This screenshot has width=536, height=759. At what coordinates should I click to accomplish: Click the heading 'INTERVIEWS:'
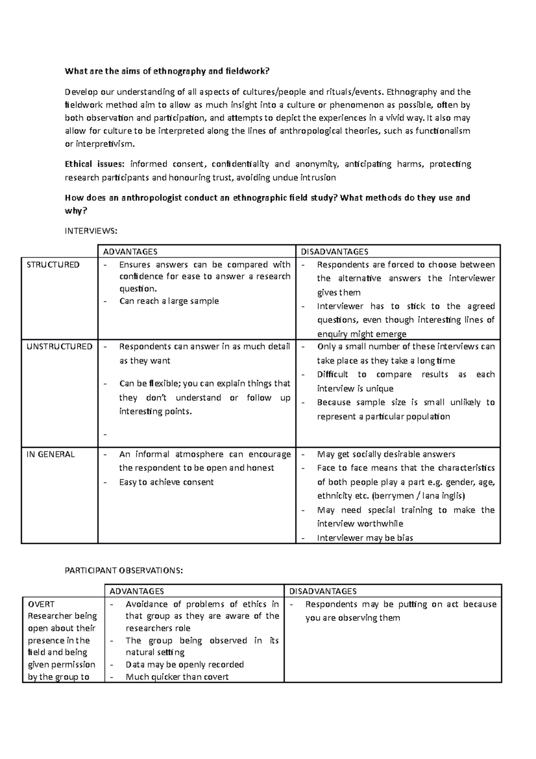91,231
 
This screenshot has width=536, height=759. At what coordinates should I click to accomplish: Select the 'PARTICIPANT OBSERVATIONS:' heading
124,571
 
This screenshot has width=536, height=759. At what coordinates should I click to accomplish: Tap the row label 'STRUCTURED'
53,265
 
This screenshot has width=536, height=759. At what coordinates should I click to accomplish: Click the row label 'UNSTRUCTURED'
59,346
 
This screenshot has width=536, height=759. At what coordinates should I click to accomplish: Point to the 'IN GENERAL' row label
50,455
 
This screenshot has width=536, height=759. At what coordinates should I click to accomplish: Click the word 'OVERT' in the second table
41,604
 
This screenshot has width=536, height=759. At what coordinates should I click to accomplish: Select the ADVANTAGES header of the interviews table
130,252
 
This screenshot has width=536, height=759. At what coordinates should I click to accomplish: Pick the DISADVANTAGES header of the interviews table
335,252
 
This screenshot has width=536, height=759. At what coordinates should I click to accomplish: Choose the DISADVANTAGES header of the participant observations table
323,591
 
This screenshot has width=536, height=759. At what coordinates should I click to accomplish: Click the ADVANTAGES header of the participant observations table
137,591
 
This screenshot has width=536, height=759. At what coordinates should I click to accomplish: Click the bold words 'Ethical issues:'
95,164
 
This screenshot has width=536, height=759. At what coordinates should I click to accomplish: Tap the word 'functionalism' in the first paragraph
443,131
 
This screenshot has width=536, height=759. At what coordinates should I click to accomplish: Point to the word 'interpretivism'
105,144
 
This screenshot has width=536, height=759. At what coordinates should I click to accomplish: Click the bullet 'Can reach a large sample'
169,301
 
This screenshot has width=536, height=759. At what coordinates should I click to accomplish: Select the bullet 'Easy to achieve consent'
166,482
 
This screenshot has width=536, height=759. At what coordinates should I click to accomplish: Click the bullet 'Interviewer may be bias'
365,538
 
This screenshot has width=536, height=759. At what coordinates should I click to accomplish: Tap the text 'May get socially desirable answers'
386,455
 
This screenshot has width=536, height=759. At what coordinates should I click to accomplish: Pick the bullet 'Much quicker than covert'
177,677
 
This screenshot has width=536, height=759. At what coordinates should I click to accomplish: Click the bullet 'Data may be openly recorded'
184,665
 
